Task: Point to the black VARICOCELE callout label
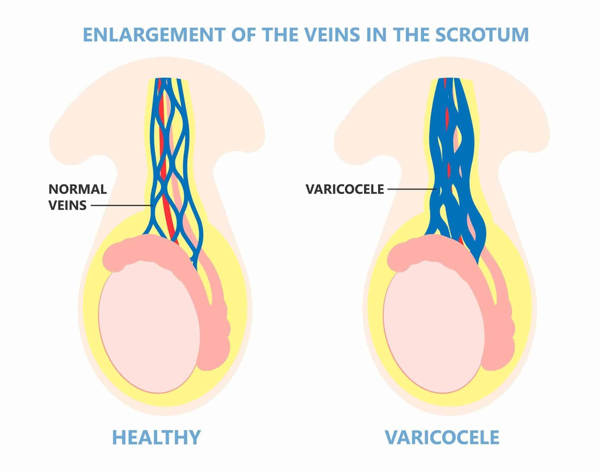345,189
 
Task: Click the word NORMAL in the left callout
78,189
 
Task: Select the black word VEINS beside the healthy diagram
67,205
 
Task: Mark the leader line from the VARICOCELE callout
411,189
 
